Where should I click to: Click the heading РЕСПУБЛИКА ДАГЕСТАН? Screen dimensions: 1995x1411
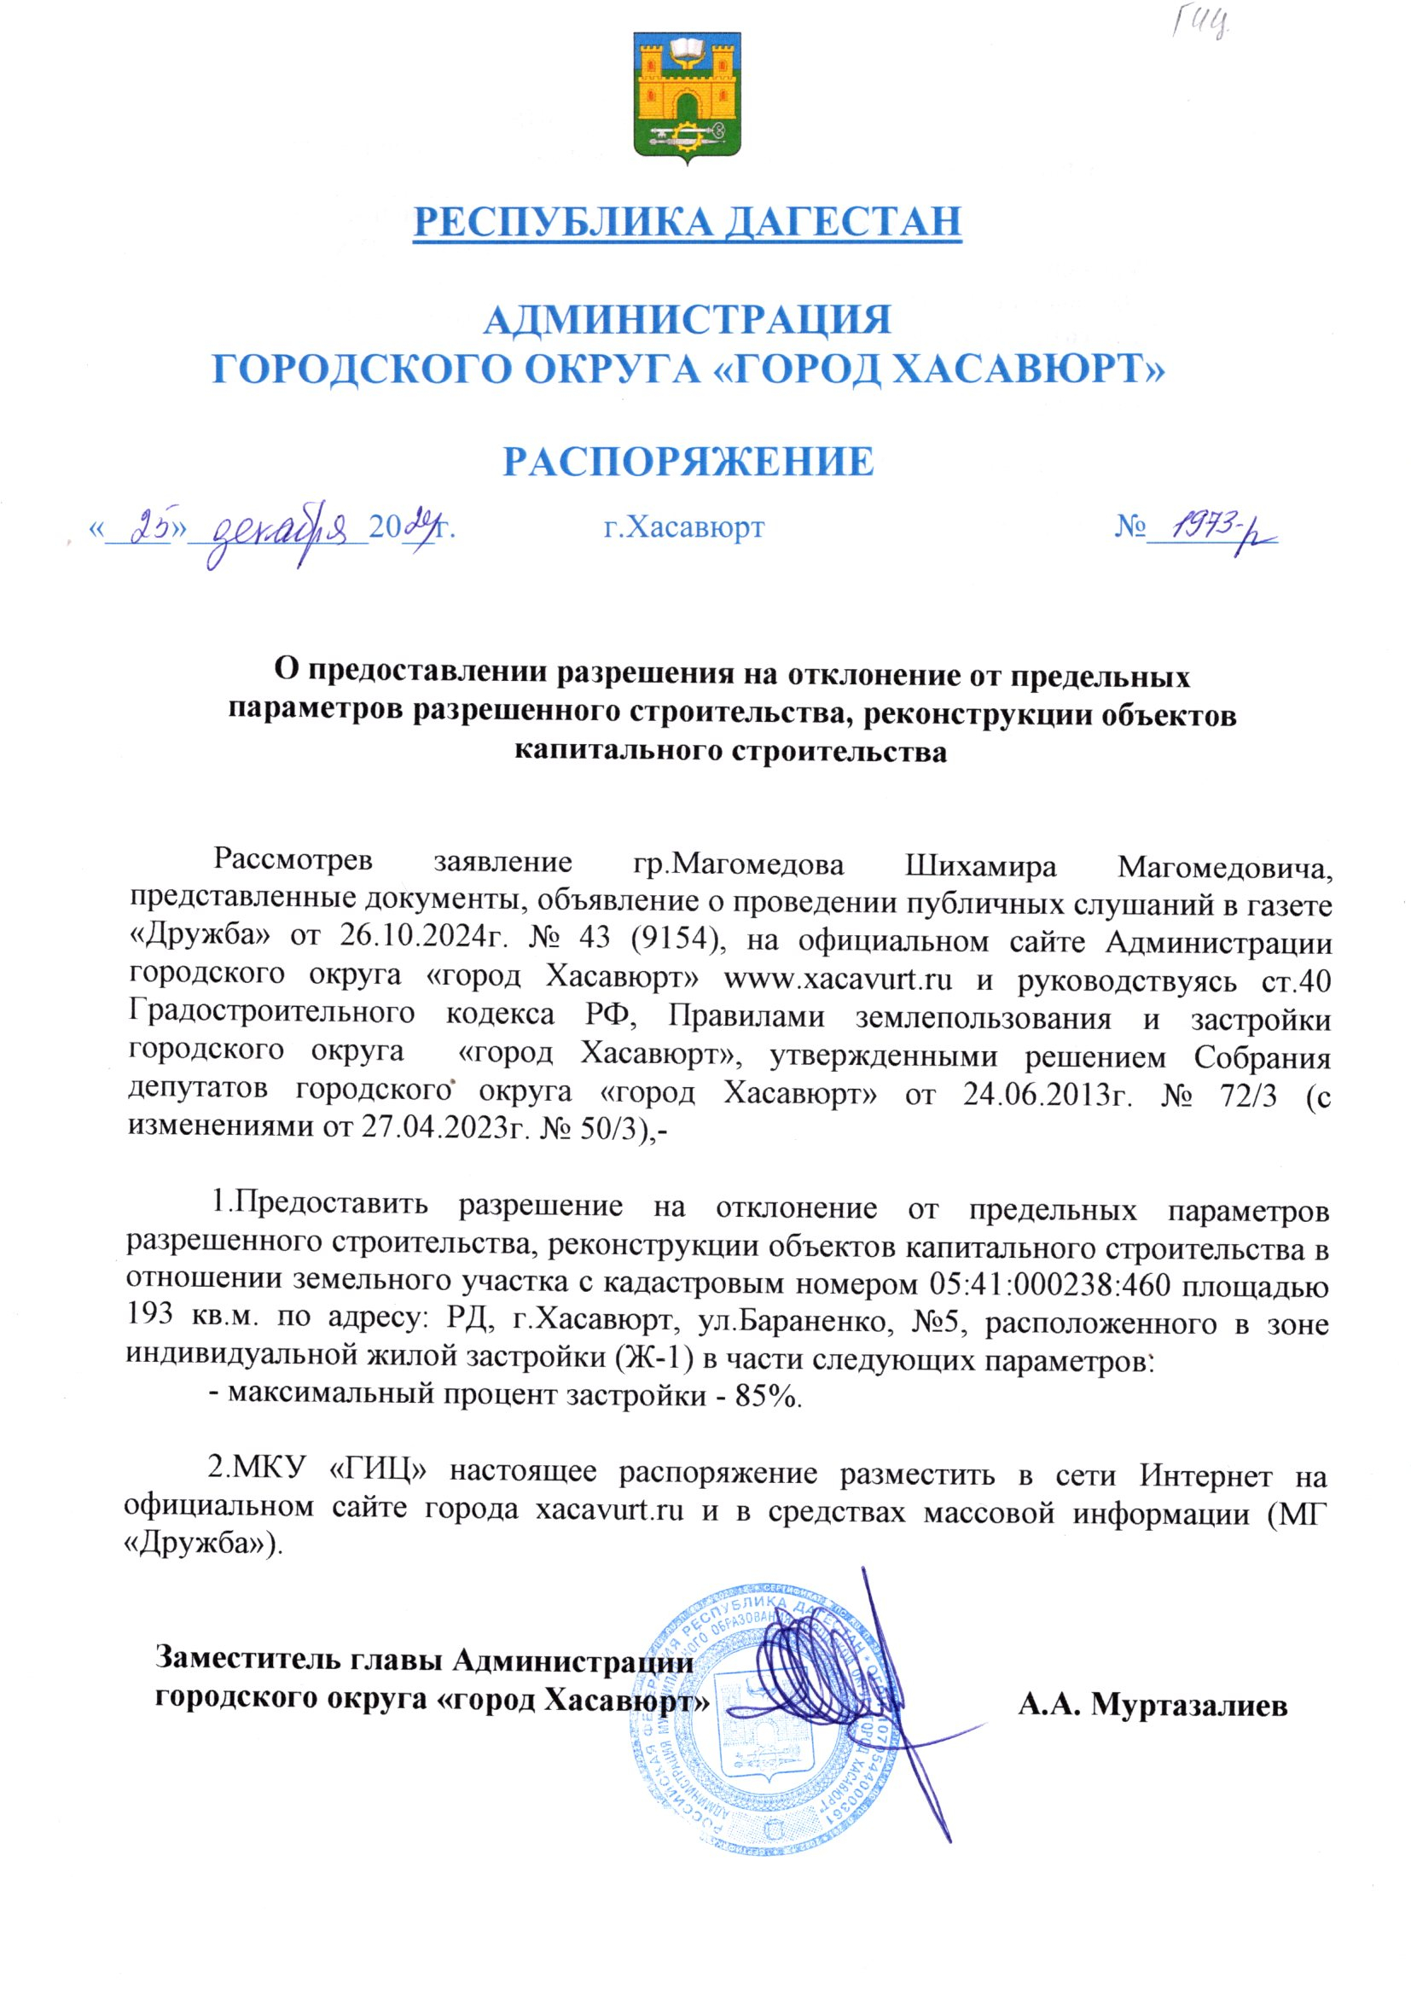[688, 221]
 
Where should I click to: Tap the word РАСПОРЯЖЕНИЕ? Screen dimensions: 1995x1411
[689, 462]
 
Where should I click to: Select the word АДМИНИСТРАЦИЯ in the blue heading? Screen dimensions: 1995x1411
[688, 320]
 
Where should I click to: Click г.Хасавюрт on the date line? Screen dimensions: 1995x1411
[685, 527]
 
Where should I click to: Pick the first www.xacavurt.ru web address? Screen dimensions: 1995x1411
[838, 980]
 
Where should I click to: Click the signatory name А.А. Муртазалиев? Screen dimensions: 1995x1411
[1152, 1706]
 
